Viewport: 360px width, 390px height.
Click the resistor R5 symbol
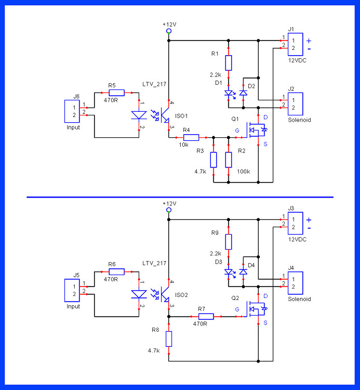(x=116, y=93)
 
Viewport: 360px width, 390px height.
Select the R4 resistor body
(x=191, y=137)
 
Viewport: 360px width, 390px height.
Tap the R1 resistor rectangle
(x=229, y=63)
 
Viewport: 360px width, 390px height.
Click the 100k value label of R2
(x=244, y=171)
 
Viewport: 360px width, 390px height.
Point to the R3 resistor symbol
(x=214, y=160)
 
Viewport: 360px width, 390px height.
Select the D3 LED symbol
(x=229, y=272)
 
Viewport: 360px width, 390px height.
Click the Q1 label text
(x=235, y=119)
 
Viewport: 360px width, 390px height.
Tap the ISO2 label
(x=181, y=295)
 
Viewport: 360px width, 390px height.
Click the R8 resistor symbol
(x=169, y=339)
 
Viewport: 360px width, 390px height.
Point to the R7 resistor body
(x=206, y=316)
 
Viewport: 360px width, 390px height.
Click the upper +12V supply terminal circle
(x=169, y=31)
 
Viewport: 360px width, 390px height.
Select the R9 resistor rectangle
(x=229, y=242)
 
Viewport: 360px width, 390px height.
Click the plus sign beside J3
(x=309, y=219)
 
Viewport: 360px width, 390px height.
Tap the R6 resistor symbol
(x=116, y=271)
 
